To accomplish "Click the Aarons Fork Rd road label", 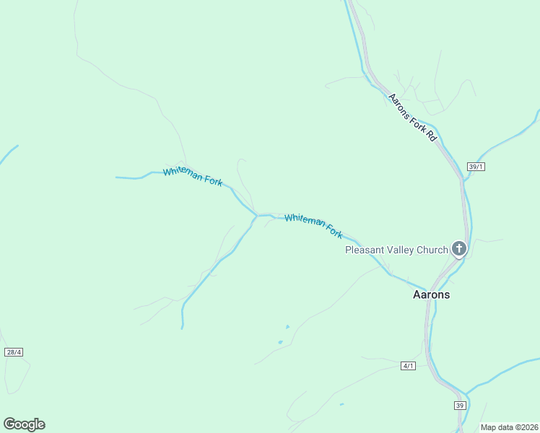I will point(413,117).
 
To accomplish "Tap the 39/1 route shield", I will point(474,166).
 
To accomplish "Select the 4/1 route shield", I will point(409,366).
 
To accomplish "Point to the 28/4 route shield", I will point(13,352).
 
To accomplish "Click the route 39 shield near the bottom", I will point(460,406).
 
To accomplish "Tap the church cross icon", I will point(458,249).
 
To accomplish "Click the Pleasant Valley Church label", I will point(396,250).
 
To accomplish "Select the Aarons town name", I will point(431,294).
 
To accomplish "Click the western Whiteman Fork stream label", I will point(193,177).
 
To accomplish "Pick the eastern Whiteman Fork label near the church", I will point(313,226).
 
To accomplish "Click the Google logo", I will point(24,424).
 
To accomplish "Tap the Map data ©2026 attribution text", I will point(509,427).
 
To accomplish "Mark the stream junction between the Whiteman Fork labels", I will point(256,215).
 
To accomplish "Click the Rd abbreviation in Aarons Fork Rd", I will point(432,135).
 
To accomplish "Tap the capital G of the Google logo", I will point(9,424).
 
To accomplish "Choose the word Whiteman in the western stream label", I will point(183,174).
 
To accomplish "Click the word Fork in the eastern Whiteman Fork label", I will point(334,232).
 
